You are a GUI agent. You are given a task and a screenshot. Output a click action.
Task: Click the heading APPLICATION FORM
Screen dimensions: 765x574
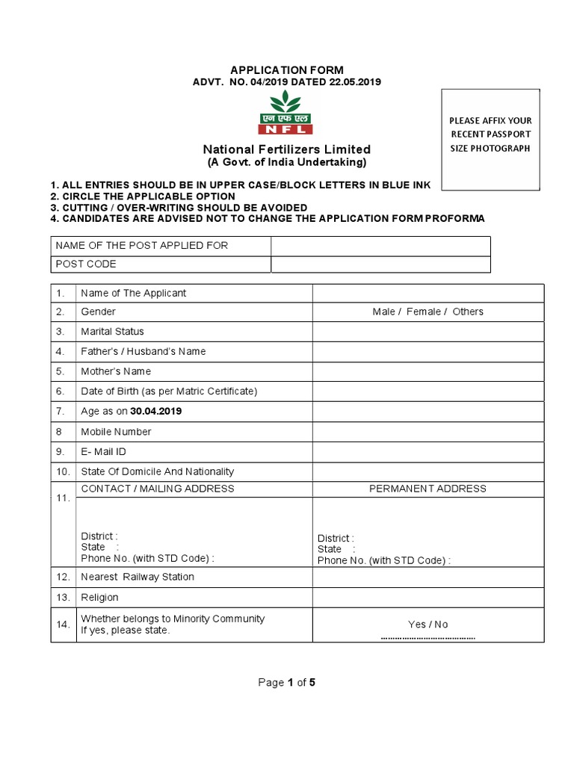tap(287, 70)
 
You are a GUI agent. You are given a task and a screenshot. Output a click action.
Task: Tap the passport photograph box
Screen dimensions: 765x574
tap(490, 140)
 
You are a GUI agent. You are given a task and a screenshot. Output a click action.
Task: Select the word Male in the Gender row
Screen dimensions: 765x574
tap(383, 312)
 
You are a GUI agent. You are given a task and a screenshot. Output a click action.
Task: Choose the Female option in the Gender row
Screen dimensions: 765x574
tap(424, 312)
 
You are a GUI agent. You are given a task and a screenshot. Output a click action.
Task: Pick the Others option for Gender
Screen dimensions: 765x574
tap(468, 312)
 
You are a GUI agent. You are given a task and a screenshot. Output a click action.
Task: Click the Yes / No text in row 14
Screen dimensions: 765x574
tap(428, 625)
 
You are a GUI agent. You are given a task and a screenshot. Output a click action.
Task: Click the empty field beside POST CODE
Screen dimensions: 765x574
tap(380, 264)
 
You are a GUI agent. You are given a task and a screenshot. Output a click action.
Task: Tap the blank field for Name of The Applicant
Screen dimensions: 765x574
tap(428, 293)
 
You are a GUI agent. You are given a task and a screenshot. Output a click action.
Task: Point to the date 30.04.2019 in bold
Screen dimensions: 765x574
tap(156, 412)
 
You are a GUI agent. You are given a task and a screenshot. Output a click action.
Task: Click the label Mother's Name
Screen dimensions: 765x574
tap(116, 371)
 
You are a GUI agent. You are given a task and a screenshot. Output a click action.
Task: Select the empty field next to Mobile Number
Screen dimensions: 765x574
tap(428, 432)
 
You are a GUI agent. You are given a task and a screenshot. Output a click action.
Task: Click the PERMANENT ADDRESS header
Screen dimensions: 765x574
tap(428, 489)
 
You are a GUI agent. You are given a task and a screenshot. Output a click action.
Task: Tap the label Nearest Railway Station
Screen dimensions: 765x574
tap(138, 577)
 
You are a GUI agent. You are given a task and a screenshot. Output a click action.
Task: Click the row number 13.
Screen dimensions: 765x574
tap(63, 598)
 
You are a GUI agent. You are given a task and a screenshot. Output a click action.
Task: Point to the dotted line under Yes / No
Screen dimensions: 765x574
tap(428, 639)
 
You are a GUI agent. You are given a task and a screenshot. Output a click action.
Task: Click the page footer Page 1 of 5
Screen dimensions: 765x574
tap(287, 682)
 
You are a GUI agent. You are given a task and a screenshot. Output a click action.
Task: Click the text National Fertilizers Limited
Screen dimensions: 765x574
tap(287, 149)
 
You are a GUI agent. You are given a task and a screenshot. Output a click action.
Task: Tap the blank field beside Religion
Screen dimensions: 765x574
tap(428, 598)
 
